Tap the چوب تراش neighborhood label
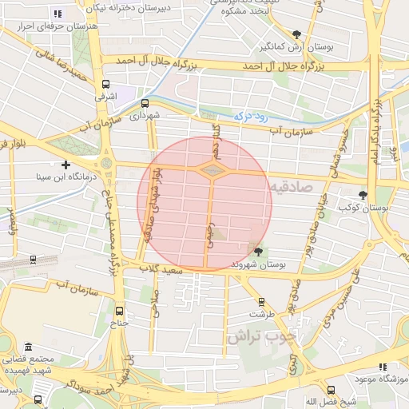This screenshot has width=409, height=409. pos(260,336)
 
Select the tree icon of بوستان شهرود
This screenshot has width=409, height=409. pos(257,251)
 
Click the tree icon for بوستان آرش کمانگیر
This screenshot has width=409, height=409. pos(297,34)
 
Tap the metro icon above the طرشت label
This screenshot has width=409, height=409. pos(261,301)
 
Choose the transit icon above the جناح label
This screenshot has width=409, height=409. pos(119,311)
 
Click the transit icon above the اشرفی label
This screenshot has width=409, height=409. pos(105,84)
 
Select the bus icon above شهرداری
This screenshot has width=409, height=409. pos(145,103)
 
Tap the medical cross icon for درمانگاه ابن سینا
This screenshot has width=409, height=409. pos(66,164)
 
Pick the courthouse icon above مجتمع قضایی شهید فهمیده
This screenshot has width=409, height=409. pos(29,347)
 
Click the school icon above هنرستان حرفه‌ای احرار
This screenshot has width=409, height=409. pos(57,14)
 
